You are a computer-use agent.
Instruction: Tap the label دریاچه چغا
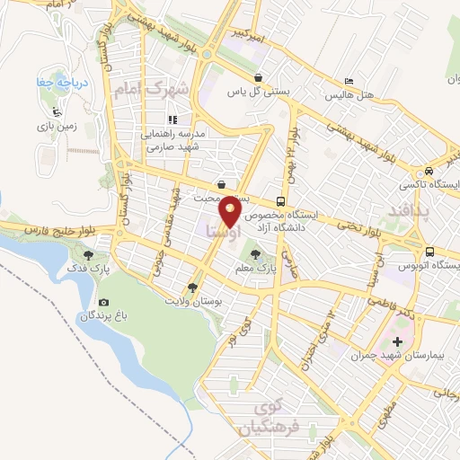68,84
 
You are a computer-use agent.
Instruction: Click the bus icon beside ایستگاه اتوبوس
432,252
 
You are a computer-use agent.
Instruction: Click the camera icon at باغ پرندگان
104,302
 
